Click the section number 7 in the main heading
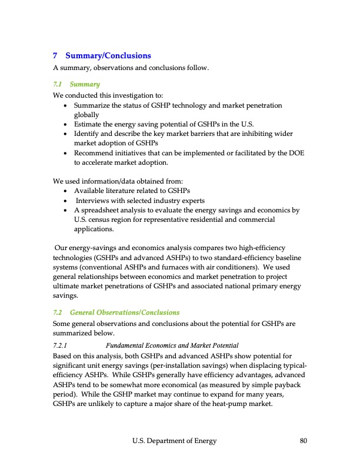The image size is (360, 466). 55,56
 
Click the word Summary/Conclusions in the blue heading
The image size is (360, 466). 108,56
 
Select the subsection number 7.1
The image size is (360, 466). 58,85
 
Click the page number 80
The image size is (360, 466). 304,441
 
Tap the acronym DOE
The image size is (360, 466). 297,153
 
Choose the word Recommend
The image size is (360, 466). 94,153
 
